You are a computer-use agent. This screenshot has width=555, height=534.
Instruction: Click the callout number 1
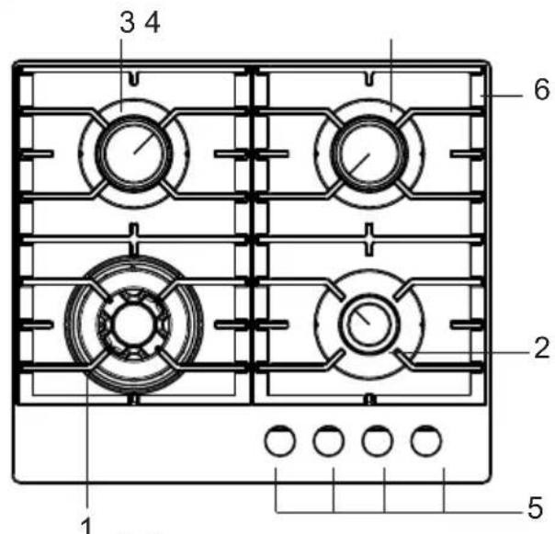pos(86,526)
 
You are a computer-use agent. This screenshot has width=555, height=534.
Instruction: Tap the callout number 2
pos(541,348)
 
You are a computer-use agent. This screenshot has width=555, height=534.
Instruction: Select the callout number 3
pos(128,22)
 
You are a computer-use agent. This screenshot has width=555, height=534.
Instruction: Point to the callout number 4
pos(153,22)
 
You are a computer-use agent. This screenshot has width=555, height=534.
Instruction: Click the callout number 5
pos(535,507)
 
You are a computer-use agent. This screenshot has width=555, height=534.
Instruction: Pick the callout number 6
pos(542,89)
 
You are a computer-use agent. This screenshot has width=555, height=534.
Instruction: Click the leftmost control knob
pos(280,441)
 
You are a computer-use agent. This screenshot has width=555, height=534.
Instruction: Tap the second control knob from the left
pos(328,441)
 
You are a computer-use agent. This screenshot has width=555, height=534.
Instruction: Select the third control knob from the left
pos(378,441)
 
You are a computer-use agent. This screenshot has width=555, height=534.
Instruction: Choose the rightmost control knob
pos(426,441)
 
